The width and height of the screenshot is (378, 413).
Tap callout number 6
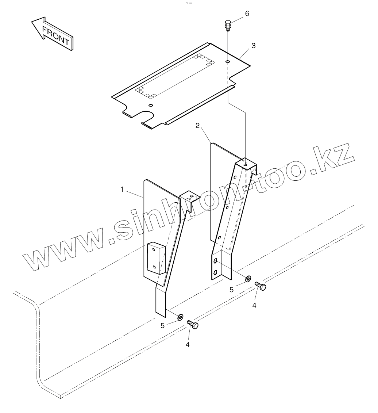tap(247, 14)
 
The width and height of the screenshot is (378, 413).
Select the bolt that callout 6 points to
tap(227, 25)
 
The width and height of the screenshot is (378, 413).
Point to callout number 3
tap(254, 46)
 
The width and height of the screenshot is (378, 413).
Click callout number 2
tap(197, 126)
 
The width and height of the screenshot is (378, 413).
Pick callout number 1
tap(122, 189)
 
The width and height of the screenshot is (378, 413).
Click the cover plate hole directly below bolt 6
tap(227, 62)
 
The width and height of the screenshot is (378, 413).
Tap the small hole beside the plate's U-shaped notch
tap(150, 106)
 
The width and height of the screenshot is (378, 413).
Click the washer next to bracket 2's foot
tap(248, 279)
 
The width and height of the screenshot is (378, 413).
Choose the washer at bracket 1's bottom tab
tap(180, 317)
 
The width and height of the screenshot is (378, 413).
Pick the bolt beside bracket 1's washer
tap(193, 324)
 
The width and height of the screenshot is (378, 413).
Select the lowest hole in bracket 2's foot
tap(215, 272)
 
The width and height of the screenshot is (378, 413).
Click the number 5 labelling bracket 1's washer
tap(163, 326)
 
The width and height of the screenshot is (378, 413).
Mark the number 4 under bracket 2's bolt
tap(254, 305)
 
